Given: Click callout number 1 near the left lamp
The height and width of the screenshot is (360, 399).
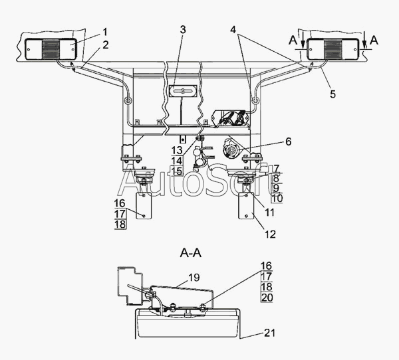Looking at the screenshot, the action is (x=105, y=33).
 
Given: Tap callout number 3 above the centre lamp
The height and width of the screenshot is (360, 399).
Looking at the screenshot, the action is (x=183, y=30).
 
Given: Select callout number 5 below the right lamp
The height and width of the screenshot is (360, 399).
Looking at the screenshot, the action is (x=332, y=94).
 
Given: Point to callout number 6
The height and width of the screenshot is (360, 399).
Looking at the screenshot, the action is (x=288, y=141).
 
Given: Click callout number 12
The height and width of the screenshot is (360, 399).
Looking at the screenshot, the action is (x=270, y=234).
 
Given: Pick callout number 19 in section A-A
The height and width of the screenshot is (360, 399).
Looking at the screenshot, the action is (x=194, y=278).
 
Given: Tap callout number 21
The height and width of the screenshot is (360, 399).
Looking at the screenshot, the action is (x=270, y=333).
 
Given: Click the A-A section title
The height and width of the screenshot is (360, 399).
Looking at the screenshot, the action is (x=191, y=253).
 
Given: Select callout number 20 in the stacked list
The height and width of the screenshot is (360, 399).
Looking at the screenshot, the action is (x=267, y=297).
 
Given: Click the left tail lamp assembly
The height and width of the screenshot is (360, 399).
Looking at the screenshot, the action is (x=51, y=49).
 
